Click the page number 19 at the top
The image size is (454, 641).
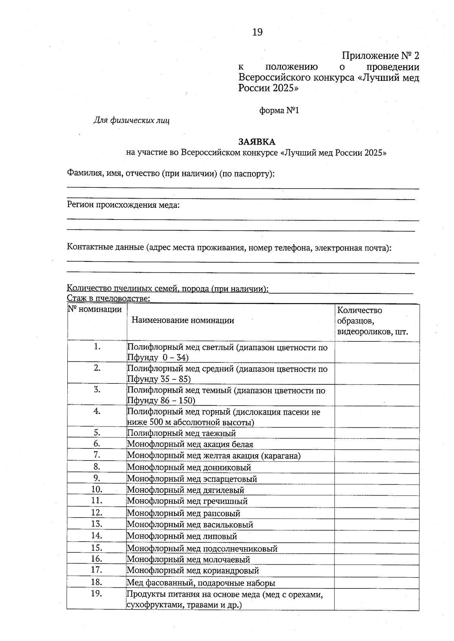(x=257, y=32)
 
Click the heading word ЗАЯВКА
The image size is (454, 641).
(x=257, y=142)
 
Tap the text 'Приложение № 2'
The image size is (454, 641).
(x=380, y=56)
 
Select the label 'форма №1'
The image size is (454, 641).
(x=279, y=110)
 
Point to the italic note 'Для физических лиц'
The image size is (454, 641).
(x=131, y=120)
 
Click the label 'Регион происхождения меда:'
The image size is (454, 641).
(x=123, y=205)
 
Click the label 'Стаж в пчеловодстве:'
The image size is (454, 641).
(x=109, y=299)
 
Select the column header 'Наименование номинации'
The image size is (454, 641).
(x=183, y=320)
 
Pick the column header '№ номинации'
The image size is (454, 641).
(x=95, y=310)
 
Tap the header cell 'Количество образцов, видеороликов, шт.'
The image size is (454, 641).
(x=373, y=321)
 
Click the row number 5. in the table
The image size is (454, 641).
(x=97, y=432)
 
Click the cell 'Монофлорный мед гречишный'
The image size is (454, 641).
(x=187, y=501)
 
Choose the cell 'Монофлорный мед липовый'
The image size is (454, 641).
(x=182, y=536)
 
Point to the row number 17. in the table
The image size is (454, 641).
(x=97, y=570)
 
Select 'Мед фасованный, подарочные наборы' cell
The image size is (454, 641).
(x=201, y=583)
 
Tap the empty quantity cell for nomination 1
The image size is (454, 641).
(x=376, y=352)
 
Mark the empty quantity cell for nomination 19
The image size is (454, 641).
(x=376, y=599)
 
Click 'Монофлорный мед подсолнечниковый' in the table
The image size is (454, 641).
(x=202, y=548)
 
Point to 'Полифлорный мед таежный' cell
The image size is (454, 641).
(x=181, y=433)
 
